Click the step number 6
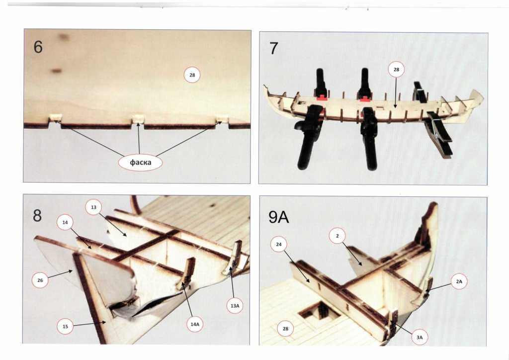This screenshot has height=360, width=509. click(38, 47)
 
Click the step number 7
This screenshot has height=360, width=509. click(274, 49)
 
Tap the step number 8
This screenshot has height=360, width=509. click(37, 215)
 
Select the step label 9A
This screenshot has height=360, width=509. click(278, 217)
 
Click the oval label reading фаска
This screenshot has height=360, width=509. click(140, 162)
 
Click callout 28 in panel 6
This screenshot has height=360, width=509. click(192, 75)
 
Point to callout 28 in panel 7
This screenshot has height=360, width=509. click(396, 70)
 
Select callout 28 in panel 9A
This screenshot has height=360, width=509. click(285, 329)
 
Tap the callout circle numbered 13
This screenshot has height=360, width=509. click(93, 207)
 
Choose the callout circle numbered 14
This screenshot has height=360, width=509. click(65, 223)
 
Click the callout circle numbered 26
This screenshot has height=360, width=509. click(40, 280)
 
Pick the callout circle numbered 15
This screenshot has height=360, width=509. click(65, 326)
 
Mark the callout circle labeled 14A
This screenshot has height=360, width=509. click(195, 324)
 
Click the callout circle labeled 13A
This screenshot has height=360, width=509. click(235, 306)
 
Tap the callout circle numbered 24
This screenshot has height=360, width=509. click(278, 245)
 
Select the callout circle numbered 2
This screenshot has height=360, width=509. click(337, 236)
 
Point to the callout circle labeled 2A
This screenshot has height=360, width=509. click(459, 281)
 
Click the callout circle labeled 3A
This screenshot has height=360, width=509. click(420, 337)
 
